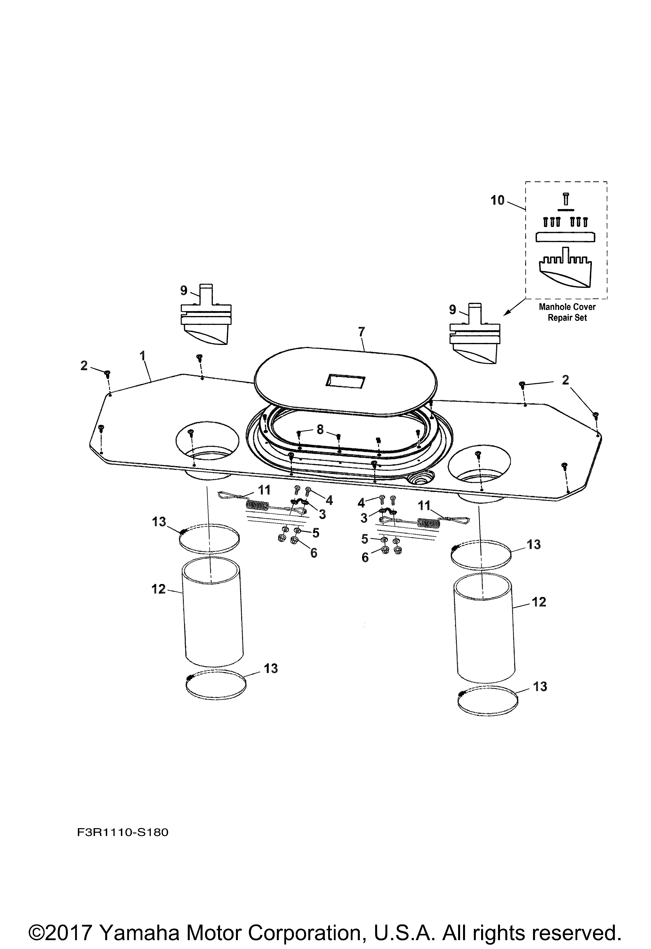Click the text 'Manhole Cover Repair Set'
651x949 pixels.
click(x=567, y=312)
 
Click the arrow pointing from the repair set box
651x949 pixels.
click(x=513, y=307)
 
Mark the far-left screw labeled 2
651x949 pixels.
click(x=108, y=373)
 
